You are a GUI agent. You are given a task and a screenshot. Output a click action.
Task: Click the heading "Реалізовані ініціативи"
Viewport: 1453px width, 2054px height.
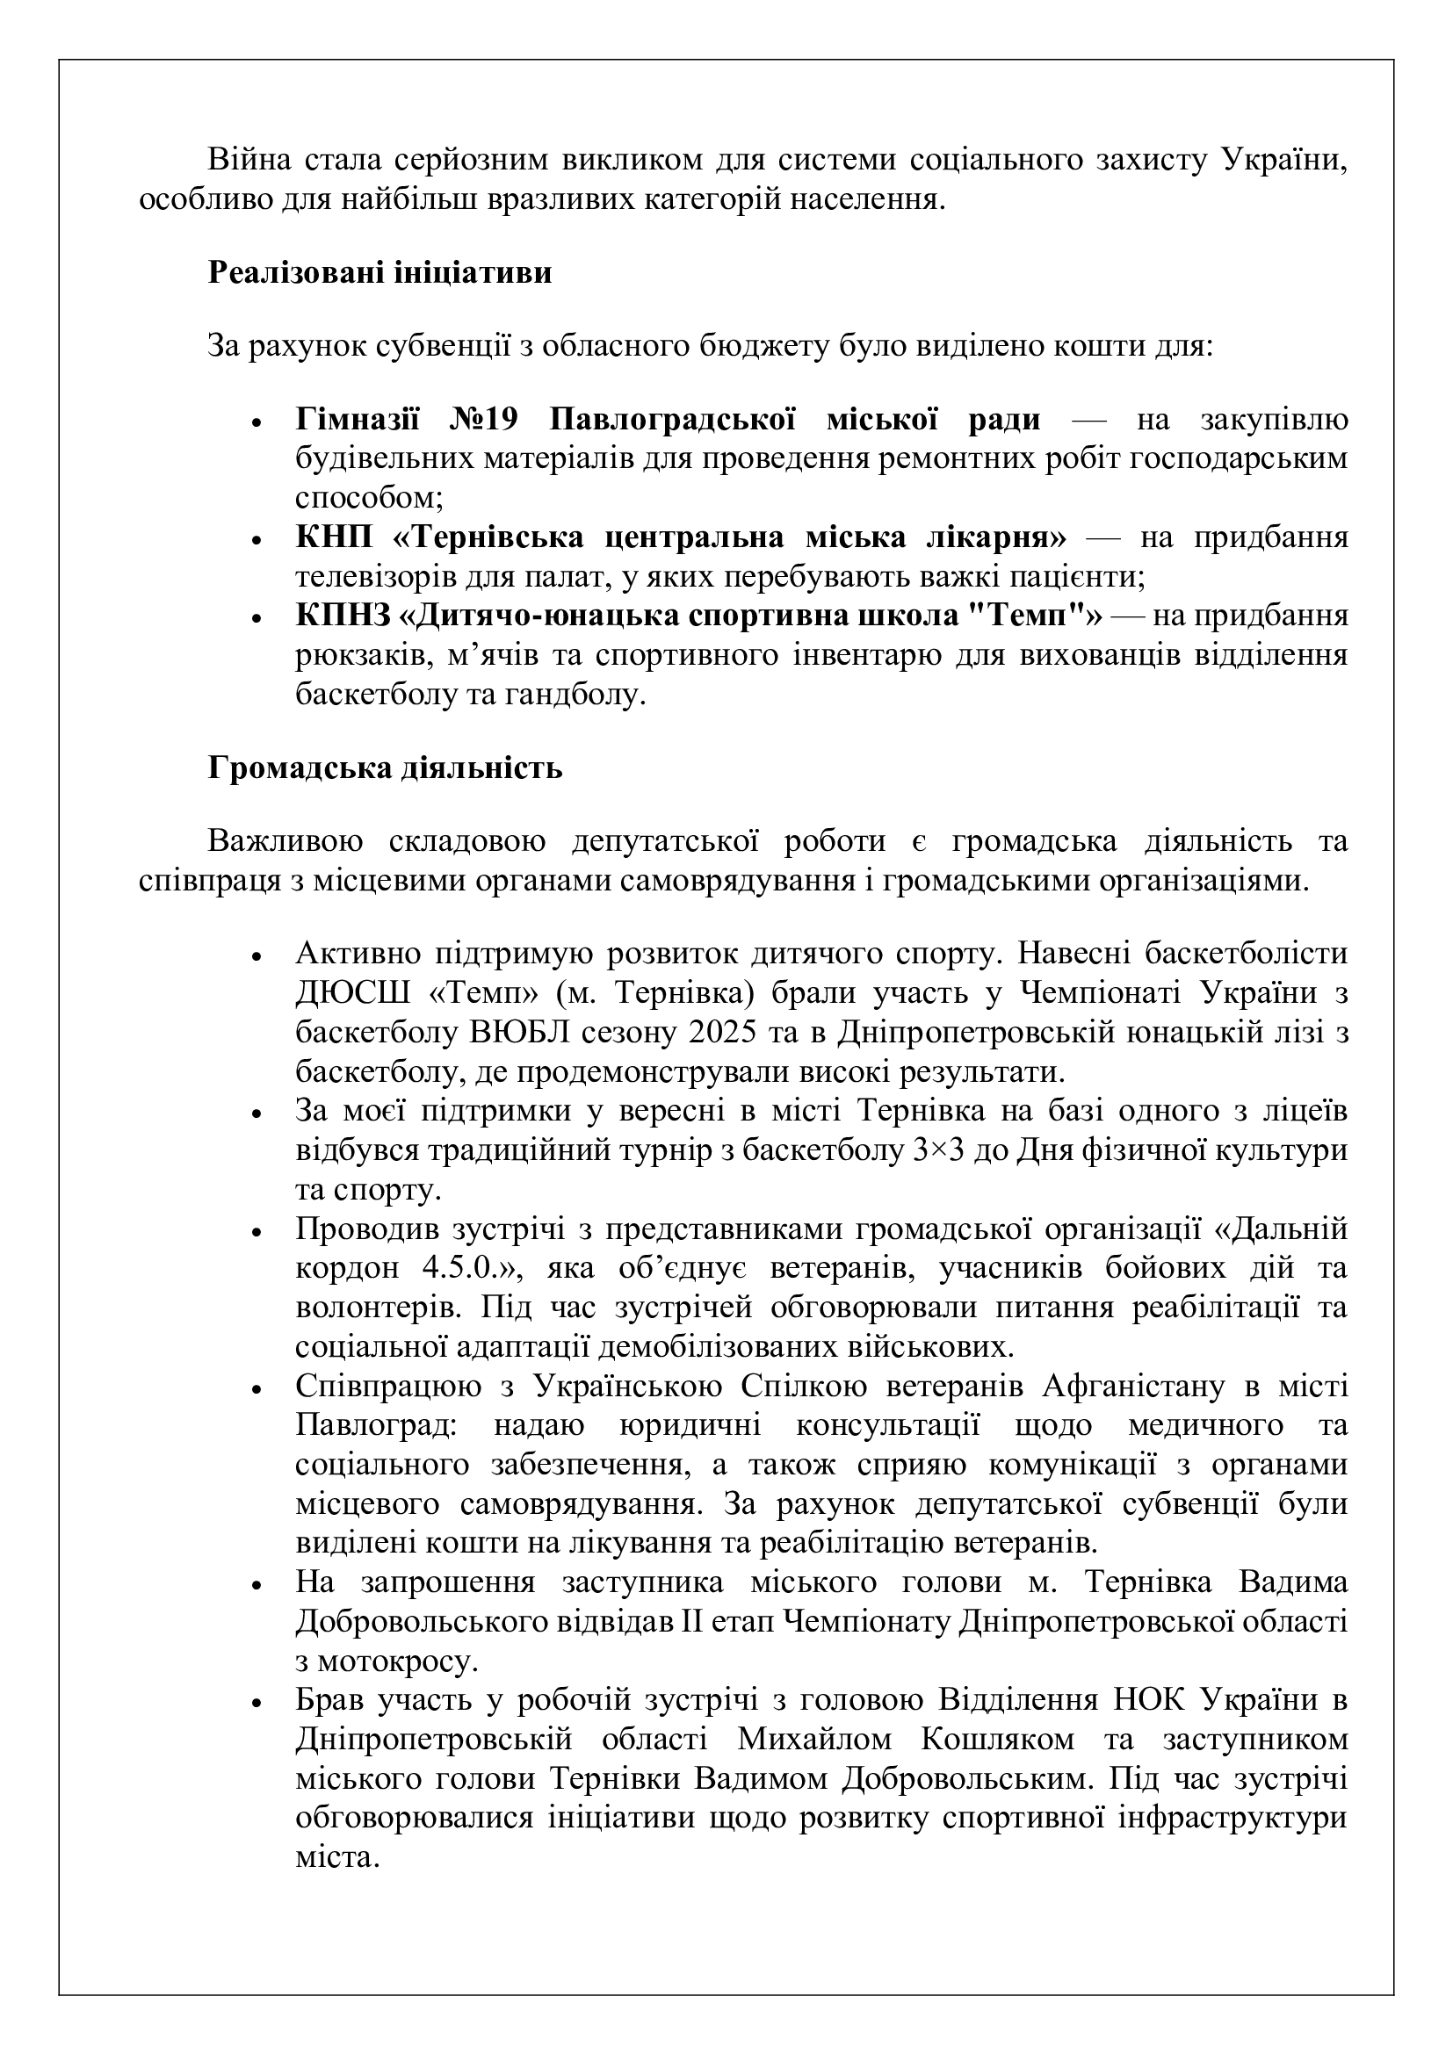click(x=380, y=272)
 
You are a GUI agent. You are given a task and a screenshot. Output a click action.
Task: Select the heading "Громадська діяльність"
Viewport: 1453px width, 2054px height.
click(x=385, y=768)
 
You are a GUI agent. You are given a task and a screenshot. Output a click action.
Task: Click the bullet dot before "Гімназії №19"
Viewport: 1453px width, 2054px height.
click(x=257, y=422)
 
